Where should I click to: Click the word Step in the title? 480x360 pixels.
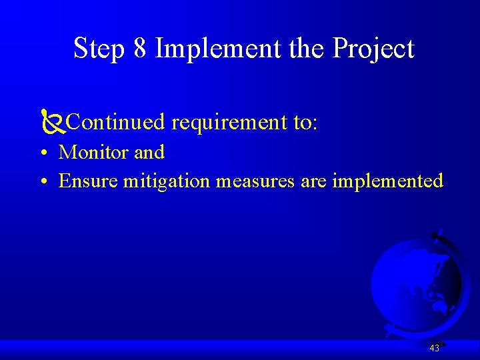click(x=99, y=49)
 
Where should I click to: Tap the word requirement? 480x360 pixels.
click(x=229, y=123)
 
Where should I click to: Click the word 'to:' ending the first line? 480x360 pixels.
click(x=305, y=123)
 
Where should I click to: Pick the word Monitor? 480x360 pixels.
click(x=94, y=153)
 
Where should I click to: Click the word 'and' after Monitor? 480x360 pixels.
click(x=149, y=153)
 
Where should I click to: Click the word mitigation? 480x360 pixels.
click(x=167, y=181)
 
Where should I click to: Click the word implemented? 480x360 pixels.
click(x=387, y=181)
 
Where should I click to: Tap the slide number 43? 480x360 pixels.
click(x=435, y=348)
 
